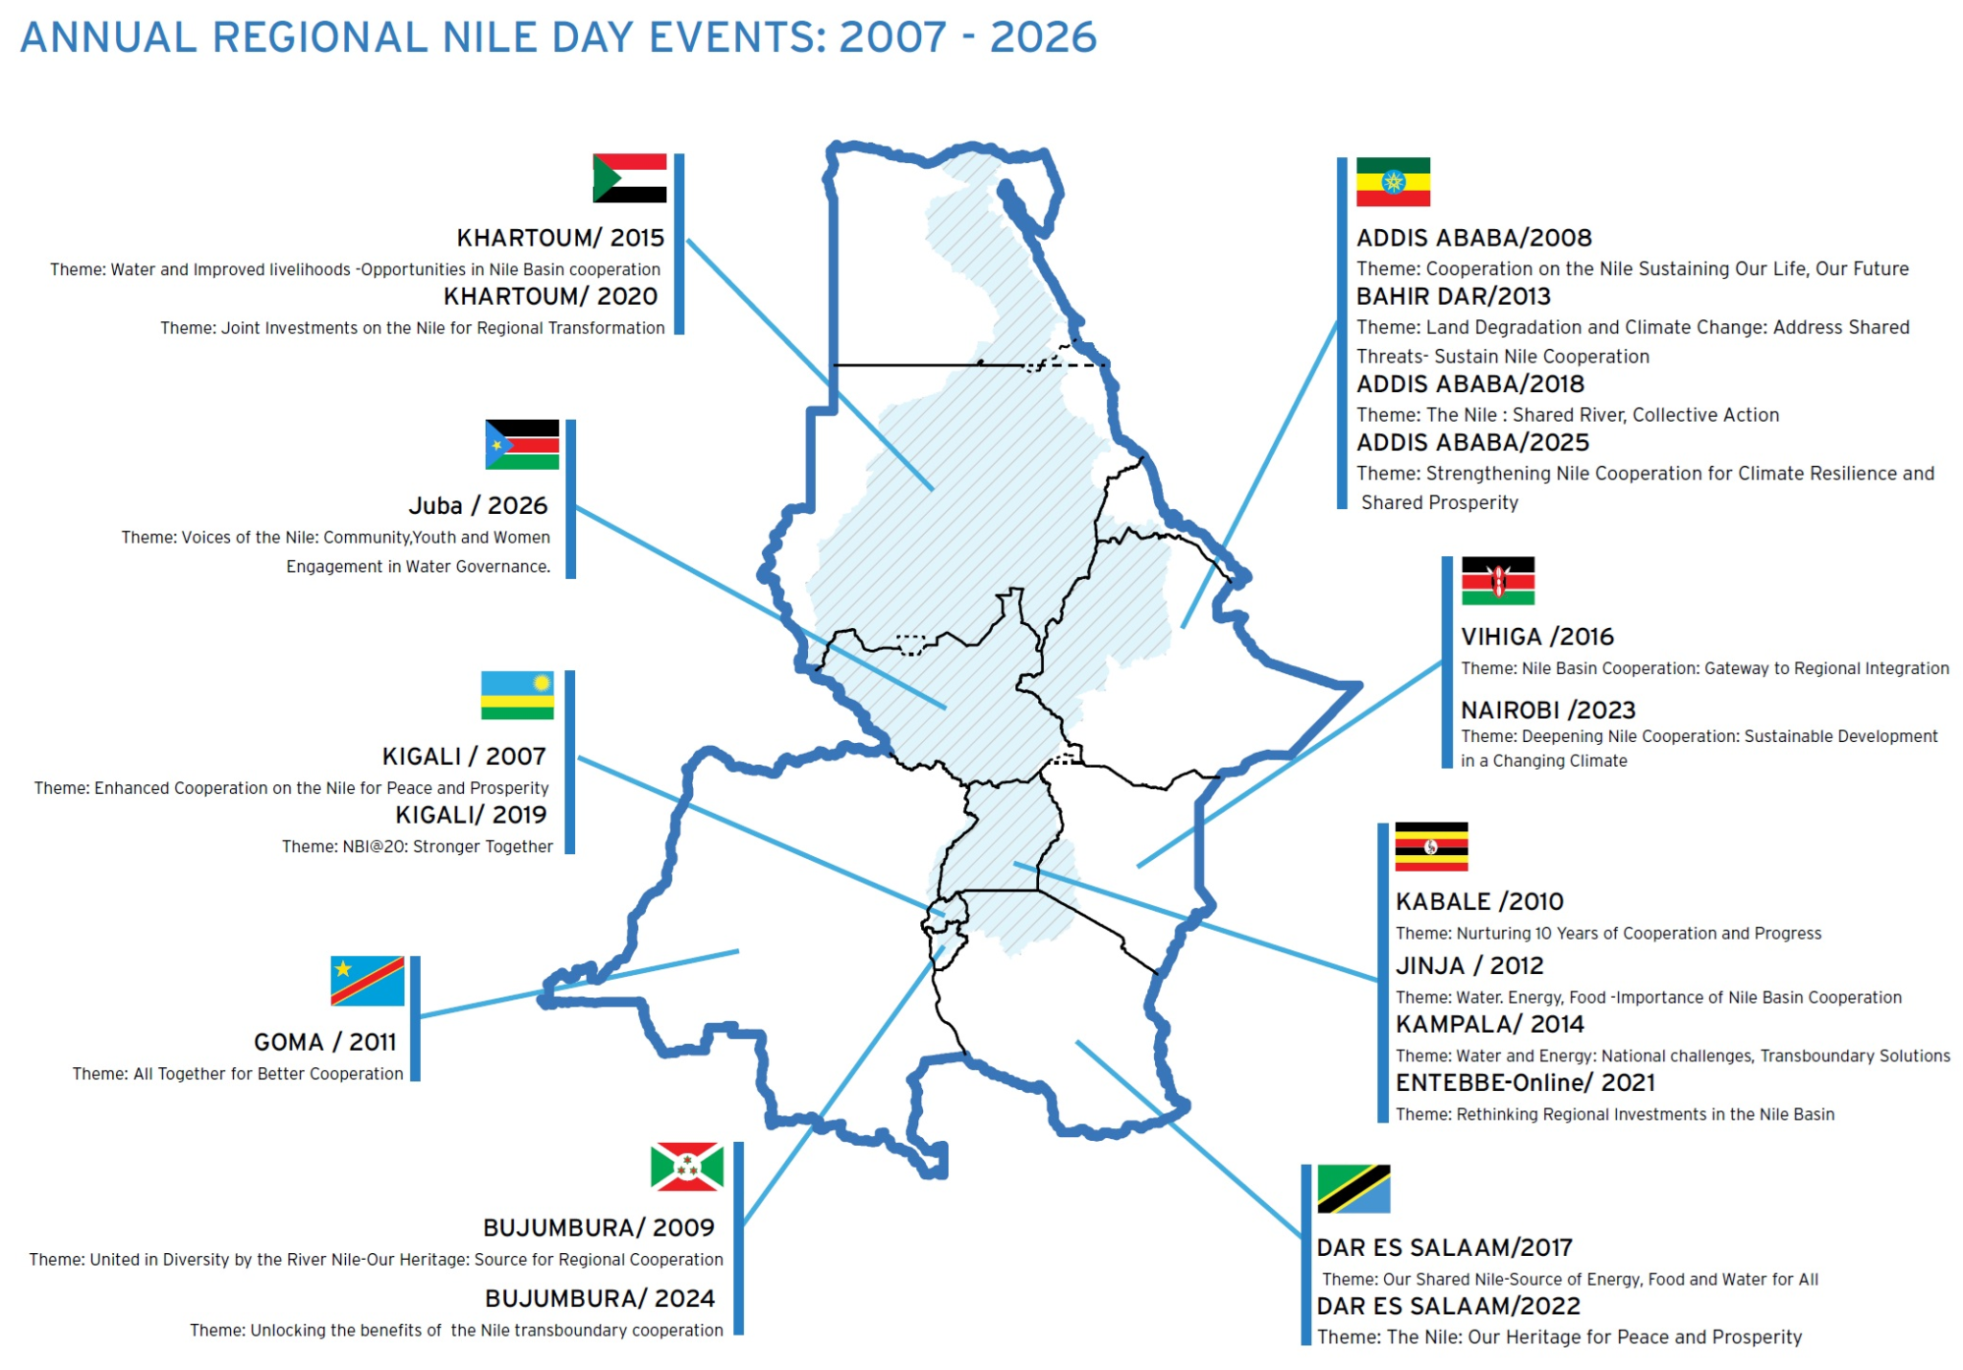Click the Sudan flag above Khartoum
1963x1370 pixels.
pos(629,178)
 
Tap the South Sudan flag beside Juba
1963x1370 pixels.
pos(521,444)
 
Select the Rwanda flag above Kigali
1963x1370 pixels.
pos(517,695)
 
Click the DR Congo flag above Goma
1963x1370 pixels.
pos(367,980)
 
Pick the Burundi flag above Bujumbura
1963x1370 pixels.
pos(686,1166)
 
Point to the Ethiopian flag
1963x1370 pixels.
pos(1393,182)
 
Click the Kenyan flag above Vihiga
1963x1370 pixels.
pos(1497,581)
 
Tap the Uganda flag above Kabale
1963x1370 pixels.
pos(1431,847)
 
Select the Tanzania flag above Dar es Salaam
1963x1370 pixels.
pos(1353,1189)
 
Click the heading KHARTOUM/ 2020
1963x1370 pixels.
pos(550,296)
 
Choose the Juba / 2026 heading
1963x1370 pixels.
pos(477,505)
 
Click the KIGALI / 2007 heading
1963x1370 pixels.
pos(464,756)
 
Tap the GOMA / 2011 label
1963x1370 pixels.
pos(325,1042)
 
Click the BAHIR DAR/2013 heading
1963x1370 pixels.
pos(1453,296)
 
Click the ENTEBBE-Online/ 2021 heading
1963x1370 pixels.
pos(1525,1082)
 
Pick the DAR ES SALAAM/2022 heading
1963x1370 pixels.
pos(1447,1306)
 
